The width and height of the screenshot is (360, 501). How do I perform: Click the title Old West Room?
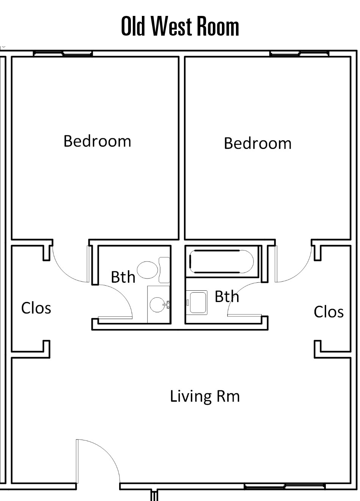(x=180, y=26)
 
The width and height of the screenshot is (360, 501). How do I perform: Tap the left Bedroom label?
(x=97, y=141)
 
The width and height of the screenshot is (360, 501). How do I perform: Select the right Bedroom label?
(x=258, y=143)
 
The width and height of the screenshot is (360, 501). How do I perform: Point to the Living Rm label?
(x=205, y=396)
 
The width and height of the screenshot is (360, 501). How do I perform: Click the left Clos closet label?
(x=36, y=308)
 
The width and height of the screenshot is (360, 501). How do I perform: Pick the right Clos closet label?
(x=329, y=312)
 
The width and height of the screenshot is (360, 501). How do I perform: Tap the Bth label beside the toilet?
(x=123, y=277)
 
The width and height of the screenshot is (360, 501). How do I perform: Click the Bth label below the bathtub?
(x=227, y=296)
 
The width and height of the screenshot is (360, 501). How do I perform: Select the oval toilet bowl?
(x=147, y=270)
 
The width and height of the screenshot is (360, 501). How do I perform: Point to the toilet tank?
(x=164, y=270)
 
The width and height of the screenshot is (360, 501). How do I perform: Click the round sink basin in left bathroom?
(x=157, y=305)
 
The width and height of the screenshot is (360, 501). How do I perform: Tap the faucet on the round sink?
(x=167, y=305)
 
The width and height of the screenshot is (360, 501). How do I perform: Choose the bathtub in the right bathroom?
(x=222, y=261)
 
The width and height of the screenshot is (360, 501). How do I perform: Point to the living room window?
(x=285, y=486)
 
